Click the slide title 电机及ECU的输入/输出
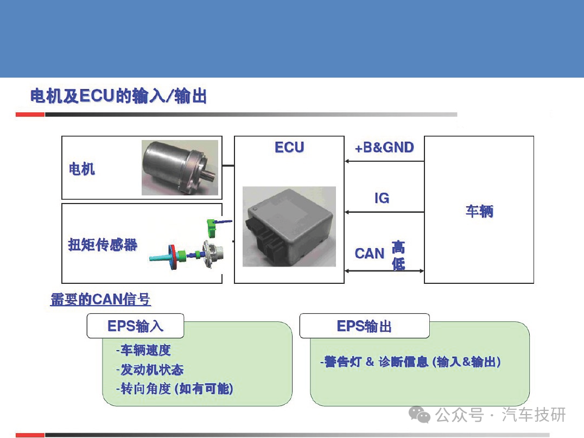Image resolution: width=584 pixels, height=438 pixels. point(119,97)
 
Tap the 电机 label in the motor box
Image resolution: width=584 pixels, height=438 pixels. point(82,169)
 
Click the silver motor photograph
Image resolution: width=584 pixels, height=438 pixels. point(180,168)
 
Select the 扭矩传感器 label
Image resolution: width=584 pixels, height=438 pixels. point(103,245)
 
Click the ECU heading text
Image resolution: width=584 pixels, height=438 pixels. point(289,148)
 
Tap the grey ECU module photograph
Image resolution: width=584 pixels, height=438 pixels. point(289,227)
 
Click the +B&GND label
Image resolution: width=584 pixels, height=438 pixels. point(384,148)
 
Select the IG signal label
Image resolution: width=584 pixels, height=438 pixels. point(382,198)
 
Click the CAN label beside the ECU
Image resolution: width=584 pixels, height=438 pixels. point(370,253)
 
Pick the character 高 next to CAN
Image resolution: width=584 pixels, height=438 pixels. point(398,247)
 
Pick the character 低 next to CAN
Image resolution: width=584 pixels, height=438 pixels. point(398,263)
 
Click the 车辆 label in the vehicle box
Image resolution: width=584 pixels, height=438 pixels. point(479,211)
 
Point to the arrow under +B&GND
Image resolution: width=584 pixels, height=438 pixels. point(384,161)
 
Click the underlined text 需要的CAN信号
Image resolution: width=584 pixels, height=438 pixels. point(100,300)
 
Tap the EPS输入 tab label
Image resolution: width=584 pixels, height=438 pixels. point(135,326)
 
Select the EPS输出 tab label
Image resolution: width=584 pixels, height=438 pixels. point(364,326)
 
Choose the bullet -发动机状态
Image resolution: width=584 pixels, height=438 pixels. point(150,370)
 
